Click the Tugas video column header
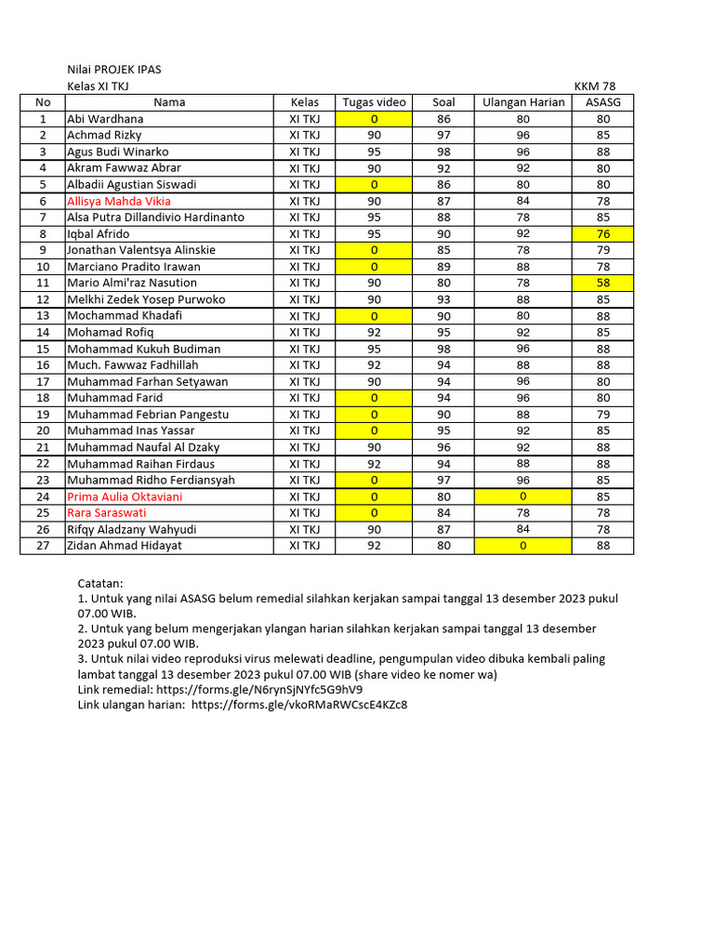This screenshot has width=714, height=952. pyautogui.click(x=374, y=102)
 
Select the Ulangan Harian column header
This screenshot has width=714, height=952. pyautogui.click(x=523, y=102)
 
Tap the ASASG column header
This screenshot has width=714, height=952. pyautogui.click(x=603, y=102)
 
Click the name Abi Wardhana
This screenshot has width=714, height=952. pyautogui.click(x=104, y=119)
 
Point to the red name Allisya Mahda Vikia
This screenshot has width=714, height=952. pyautogui.click(x=119, y=201)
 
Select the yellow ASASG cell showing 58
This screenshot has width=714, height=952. pyautogui.click(x=603, y=283)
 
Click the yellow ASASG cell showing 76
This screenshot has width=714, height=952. pyautogui.click(x=603, y=233)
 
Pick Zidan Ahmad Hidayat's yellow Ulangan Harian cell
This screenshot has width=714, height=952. pyautogui.click(x=523, y=546)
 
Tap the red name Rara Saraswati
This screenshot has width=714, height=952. pyautogui.click(x=107, y=512)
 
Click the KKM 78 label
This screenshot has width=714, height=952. pyautogui.click(x=594, y=86)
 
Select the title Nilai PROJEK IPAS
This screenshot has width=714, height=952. pyautogui.click(x=120, y=70)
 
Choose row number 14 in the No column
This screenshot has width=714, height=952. pyautogui.click(x=43, y=332)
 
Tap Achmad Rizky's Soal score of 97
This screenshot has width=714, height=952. pyautogui.click(x=443, y=136)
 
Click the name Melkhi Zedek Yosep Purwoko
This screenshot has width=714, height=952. pyautogui.click(x=146, y=299)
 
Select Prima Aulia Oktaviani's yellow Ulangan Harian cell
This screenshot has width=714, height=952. pyautogui.click(x=523, y=496)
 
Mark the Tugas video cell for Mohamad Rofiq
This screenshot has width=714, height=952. pyautogui.click(x=374, y=332)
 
